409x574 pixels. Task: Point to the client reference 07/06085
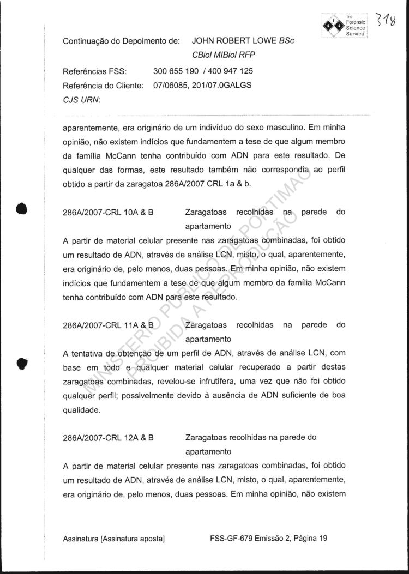coord(169,85)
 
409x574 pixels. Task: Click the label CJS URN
coord(80,99)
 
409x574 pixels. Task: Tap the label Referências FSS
coord(95,71)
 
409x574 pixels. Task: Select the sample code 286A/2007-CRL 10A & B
coord(108,212)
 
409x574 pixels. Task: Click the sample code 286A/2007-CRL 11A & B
coord(108,325)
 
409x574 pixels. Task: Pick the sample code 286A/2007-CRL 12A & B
coord(108,438)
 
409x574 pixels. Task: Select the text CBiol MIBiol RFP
coord(224,55)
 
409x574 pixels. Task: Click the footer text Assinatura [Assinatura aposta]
coord(114,539)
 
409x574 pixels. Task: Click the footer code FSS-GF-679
coord(229,539)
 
